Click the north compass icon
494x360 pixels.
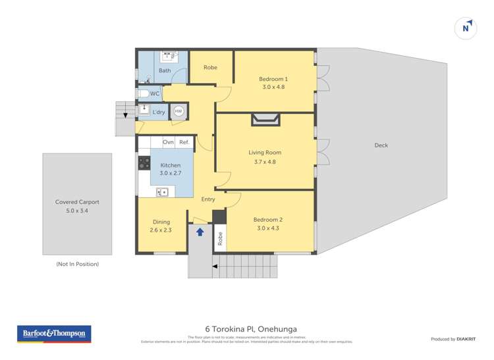point(466,28)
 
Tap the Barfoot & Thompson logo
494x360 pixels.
point(53,334)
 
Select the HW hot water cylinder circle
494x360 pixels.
point(178,112)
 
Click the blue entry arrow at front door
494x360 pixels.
point(200,232)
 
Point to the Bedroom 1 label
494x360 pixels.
point(273,79)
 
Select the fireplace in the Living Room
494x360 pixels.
point(265,119)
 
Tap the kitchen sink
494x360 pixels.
point(163,192)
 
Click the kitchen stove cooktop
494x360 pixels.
point(144,162)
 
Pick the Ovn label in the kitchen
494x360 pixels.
point(168,142)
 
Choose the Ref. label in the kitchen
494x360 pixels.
point(184,142)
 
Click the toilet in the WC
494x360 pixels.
point(143,94)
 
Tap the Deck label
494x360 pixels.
point(381,145)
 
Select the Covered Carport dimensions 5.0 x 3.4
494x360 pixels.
point(77,211)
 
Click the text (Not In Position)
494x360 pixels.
point(77,264)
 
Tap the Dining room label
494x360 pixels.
point(161,222)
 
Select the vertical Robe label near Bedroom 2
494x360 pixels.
point(220,238)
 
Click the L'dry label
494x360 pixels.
point(159,113)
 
